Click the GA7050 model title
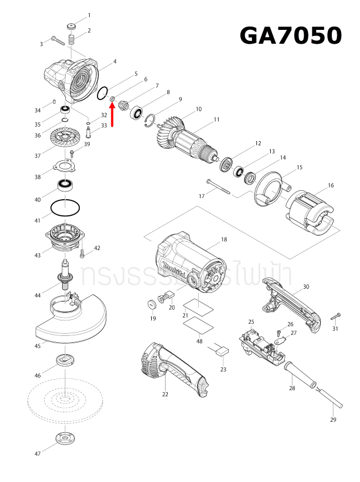pos(290,36)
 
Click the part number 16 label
pos(331,185)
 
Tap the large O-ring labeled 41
pos(65,208)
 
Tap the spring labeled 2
pos(71,40)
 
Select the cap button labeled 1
pos(71,25)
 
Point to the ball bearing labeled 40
pos(66,184)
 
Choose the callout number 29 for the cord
pos(333,419)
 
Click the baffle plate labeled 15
pos(269,194)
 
